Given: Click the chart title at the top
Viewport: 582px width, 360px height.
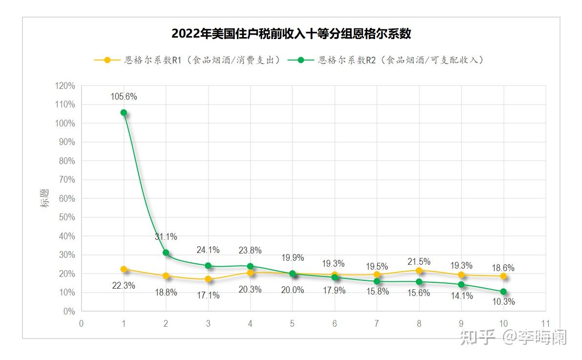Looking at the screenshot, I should coord(291,34).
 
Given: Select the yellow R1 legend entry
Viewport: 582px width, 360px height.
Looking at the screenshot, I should coord(187,60).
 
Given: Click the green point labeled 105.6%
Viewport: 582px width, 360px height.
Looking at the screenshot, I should coord(124,112).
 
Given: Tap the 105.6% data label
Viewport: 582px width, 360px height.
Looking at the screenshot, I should coord(124,97).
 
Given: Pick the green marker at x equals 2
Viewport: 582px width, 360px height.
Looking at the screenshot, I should coord(166,253).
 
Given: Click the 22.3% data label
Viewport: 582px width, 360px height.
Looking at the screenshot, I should coord(124,286).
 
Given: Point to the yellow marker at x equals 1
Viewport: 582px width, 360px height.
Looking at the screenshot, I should coord(124,269).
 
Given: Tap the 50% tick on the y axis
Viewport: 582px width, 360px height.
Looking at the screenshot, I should coord(68,217).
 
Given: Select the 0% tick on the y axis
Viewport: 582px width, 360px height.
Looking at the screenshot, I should coord(69,311).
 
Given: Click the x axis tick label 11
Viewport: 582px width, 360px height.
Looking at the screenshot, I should coord(545,323).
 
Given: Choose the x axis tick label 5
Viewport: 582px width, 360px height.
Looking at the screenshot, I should coord(292,323).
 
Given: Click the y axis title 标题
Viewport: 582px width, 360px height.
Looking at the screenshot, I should coord(45,198).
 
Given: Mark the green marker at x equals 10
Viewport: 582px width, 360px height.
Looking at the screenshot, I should coord(503,292).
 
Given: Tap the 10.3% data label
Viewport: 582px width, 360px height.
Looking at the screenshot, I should coord(503,302).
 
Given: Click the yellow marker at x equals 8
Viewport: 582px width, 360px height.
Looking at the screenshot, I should coord(419,270).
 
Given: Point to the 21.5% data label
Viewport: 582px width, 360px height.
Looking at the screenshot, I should coord(419,261).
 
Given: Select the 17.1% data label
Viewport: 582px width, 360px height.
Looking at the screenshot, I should coord(208,295).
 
